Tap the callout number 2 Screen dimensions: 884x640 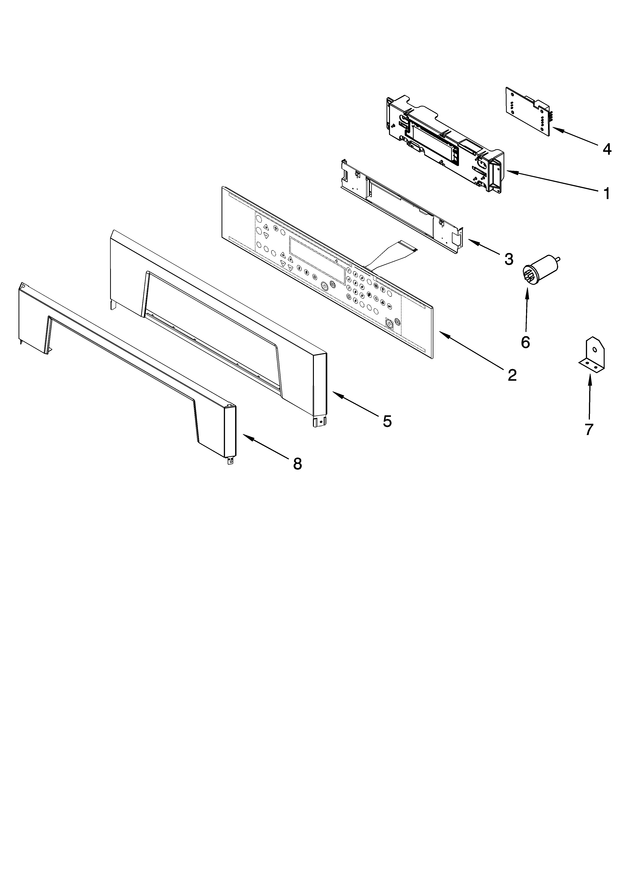tap(512, 375)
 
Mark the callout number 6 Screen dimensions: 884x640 tap(525, 342)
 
